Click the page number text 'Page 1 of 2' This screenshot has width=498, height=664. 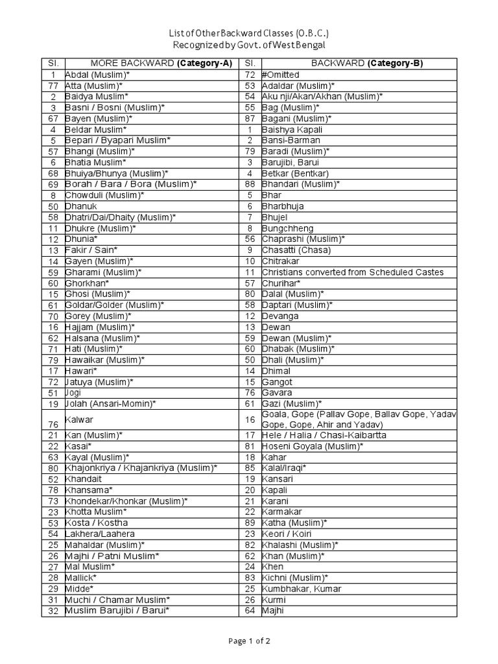249,641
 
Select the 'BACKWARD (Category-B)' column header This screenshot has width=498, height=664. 359,63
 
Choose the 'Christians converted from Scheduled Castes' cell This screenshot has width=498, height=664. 353,272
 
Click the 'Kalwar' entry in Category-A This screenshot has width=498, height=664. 78,419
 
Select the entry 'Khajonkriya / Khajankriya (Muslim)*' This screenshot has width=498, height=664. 141,468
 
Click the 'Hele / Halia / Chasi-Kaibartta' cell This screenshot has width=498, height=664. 324,435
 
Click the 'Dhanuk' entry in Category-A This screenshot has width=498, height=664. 80,206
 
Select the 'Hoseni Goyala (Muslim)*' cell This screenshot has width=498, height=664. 313,446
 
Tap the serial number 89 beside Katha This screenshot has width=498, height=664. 249,523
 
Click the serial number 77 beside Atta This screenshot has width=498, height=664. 53,86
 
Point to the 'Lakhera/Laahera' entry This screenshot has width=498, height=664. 100,534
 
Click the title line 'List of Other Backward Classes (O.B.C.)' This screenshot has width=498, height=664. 249,33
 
